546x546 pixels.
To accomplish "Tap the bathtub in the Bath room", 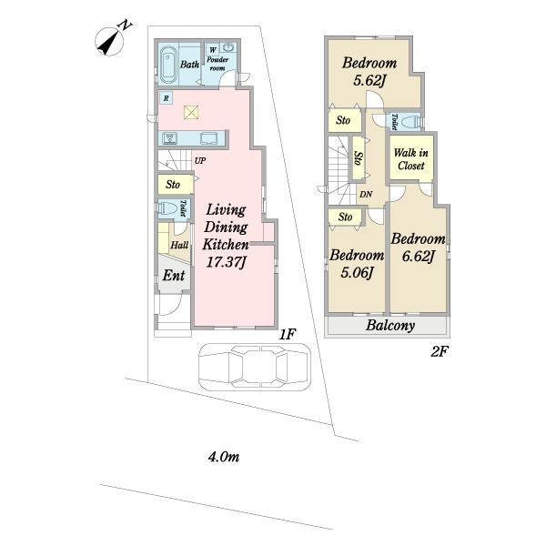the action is tap(168, 65).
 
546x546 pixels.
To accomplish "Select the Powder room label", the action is tap(217, 64).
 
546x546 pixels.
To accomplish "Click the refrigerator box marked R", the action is tap(167, 98).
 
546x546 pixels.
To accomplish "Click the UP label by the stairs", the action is tap(200, 161).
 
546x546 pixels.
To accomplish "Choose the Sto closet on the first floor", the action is tap(175, 184).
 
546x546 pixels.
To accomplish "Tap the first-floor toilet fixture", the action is tap(167, 208).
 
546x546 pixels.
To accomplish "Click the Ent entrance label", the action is tap(174, 276).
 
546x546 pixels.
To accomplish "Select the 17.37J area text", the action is tap(226, 262).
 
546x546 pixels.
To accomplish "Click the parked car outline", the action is tap(255, 368).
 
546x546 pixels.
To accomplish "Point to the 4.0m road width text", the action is tap(224, 457).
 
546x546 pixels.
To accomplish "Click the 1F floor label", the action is tap(288, 335).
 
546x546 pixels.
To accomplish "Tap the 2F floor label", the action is tap(439, 351).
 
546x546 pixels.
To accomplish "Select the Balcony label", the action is tap(390, 326).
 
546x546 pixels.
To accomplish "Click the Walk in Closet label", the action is tap(411, 159).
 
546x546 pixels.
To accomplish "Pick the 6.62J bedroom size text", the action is tap(419, 257).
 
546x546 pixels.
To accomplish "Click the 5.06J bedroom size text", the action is tap(357, 272).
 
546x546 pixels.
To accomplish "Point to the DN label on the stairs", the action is tap(366, 195).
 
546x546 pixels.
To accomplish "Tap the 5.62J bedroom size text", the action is tap(369, 81).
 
